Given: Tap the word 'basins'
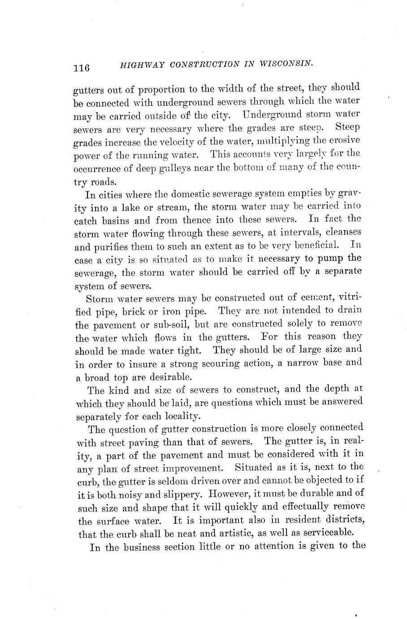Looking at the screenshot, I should (x=126, y=221).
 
